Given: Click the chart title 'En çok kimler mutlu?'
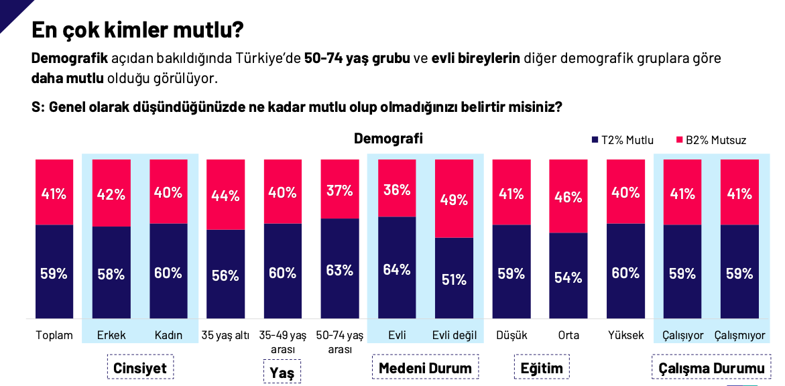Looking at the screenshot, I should tap(137, 30).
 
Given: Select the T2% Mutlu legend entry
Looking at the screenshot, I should tap(623, 140).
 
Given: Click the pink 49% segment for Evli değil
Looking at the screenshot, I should tap(454, 198).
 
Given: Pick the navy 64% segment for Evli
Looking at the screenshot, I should tap(397, 268).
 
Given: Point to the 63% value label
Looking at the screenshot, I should tap(340, 270).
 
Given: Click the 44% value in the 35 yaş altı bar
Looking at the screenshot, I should tap(226, 196).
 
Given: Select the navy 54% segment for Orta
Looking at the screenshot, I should tap(568, 276).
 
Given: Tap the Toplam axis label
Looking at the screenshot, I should tap(54, 335).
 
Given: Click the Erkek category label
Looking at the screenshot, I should tap(111, 335).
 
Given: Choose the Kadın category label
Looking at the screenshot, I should tap(168, 335).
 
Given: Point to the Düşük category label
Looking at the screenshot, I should tap(511, 335).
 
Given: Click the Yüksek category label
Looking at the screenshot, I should tap(625, 335).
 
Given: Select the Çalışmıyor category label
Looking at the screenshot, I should tap(739, 335).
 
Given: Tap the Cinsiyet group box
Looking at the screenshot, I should tap(140, 368).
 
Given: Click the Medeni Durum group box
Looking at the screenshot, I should tap(425, 368).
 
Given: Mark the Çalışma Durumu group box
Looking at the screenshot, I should tap(711, 368).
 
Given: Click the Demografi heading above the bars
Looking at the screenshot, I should tap(388, 139).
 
